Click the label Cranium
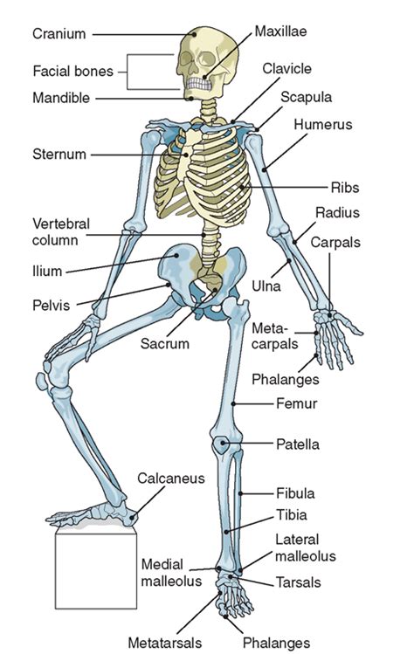click(x=59, y=34)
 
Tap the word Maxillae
click(x=280, y=31)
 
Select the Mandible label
click(x=61, y=98)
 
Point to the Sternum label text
click(x=59, y=155)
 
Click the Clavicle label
click(x=286, y=68)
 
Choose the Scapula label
click(x=306, y=97)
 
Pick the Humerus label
click(x=322, y=124)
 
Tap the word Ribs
click(x=345, y=188)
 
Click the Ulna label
click(x=266, y=286)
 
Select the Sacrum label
click(x=165, y=344)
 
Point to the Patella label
click(x=298, y=444)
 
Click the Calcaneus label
click(x=171, y=478)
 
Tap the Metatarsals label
click(x=165, y=643)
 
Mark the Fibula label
click(x=295, y=493)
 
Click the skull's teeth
click(x=199, y=84)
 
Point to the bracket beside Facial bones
click(x=128, y=72)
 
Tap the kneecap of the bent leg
click(x=41, y=382)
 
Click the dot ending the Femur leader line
click(x=233, y=403)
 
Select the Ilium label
click(x=47, y=271)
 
